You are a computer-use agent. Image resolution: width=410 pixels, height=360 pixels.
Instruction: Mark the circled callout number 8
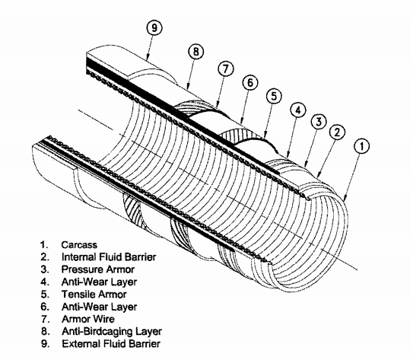(x=196, y=53)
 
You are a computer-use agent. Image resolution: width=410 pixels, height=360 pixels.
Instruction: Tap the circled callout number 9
(x=156, y=30)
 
